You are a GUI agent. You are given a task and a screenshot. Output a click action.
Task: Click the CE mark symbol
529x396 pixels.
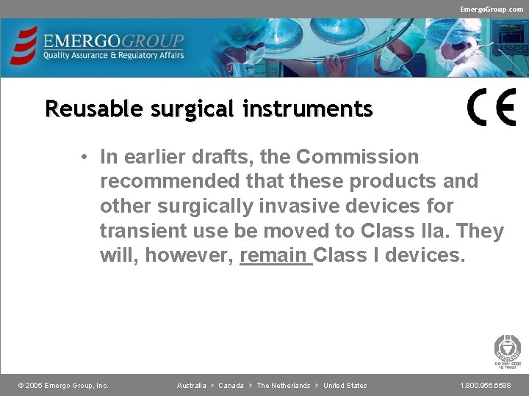[492, 108]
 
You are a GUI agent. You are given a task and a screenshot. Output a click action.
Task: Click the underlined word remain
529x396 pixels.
[275, 256]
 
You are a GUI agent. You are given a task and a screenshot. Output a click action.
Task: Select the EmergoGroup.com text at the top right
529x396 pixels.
[492, 9]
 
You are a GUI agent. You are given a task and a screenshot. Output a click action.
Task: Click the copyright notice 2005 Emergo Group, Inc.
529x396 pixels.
[63, 386]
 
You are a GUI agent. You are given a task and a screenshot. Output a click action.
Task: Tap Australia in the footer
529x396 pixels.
[191, 386]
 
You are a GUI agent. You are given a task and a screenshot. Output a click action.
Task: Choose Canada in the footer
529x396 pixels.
[231, 386]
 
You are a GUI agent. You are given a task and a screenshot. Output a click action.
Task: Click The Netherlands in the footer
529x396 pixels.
[283, 386]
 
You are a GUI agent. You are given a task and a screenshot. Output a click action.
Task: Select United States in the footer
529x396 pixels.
[345, 386]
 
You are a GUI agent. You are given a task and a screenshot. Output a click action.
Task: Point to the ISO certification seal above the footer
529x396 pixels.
[507, 351]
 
